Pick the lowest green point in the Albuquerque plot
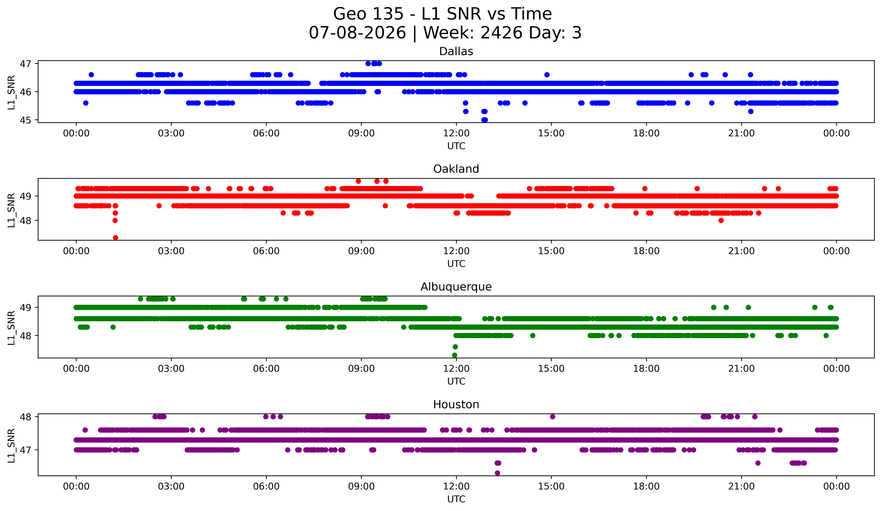pyautogui.click(x=454, y=355)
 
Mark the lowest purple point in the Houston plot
pyautogui.click(x=497, y=473)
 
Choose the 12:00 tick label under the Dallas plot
pyautogui.click(x=456, y=133)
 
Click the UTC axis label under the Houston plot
pyautogui.click(x=456, y=499)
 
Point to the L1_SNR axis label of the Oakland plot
pyautogui.click(x=11, y=210)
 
